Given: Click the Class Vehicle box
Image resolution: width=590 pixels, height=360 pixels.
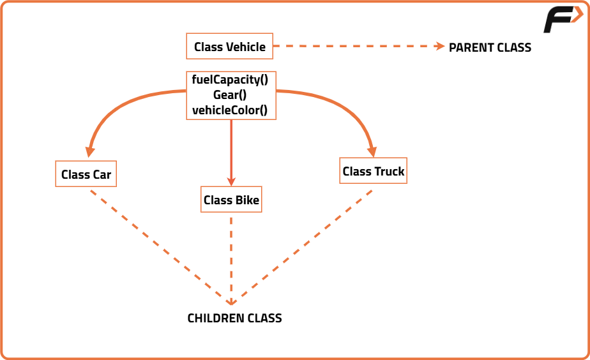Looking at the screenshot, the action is tap(229, 46).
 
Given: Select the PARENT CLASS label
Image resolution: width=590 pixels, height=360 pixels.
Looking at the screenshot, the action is tap(490, 47).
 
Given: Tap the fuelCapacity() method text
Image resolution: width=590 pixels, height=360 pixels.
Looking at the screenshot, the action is tap(230, 80).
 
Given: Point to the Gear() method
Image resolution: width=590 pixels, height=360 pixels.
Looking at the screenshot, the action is tap(230, 95).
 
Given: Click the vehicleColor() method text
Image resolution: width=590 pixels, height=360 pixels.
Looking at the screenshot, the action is tap(230, 110).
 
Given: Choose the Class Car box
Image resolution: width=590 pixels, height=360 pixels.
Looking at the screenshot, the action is tap(86, 174).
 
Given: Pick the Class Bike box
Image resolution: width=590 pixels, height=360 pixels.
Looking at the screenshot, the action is tap(231, 199).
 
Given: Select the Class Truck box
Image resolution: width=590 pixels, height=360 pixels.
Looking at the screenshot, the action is tap(374, 171).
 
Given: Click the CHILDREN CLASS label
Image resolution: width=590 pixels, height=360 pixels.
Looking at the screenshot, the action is tap(234, 319).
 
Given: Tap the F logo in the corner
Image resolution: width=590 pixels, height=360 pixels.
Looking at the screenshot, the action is tap(563, 19).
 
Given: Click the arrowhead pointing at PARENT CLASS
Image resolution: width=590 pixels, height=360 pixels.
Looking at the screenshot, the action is tap(439, 46).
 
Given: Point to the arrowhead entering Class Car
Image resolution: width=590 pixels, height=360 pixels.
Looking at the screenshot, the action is tap(89, 152).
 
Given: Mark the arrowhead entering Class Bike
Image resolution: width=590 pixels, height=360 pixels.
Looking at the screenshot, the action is tap(231, 181).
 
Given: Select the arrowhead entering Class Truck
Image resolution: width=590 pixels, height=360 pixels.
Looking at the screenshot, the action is tap(372, 151).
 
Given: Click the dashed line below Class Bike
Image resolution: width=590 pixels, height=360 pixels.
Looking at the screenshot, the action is tap(231, 260).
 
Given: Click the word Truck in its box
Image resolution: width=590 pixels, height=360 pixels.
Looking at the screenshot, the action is tap(389, 172).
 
